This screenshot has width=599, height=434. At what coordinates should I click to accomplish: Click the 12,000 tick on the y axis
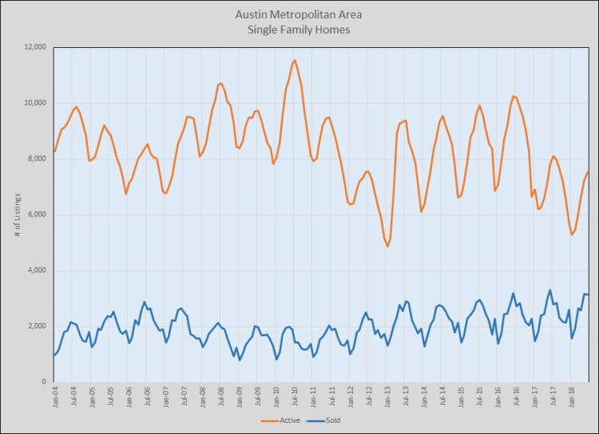coord(35,47)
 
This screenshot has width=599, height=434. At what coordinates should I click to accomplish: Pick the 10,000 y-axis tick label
coord(35,103)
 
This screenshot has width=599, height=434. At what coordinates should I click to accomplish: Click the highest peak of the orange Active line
coord(295,60)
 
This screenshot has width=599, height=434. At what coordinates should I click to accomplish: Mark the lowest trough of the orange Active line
coord(387,247)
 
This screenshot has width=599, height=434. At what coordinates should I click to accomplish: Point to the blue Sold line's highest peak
coord(549,290)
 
